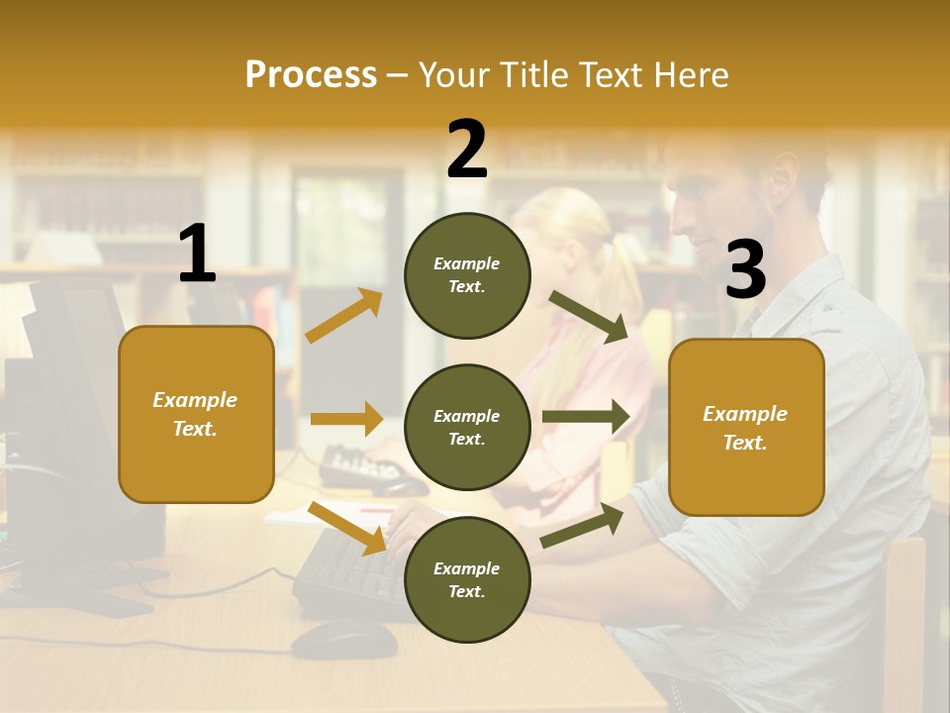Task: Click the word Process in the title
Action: (311, 75)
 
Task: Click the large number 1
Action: (197, 254)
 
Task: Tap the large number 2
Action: (467, 149)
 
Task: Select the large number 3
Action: (745, 270)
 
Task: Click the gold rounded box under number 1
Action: (196, 414)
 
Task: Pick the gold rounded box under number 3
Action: (746, 427)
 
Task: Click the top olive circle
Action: (467, 275)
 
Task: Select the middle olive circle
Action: (467, 427)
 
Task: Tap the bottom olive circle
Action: (467, 579)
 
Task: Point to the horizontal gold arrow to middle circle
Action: (346, 419)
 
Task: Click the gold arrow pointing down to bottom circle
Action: (347, 528)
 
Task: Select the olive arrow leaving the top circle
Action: (588, 317)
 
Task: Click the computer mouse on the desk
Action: (343, 640)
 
